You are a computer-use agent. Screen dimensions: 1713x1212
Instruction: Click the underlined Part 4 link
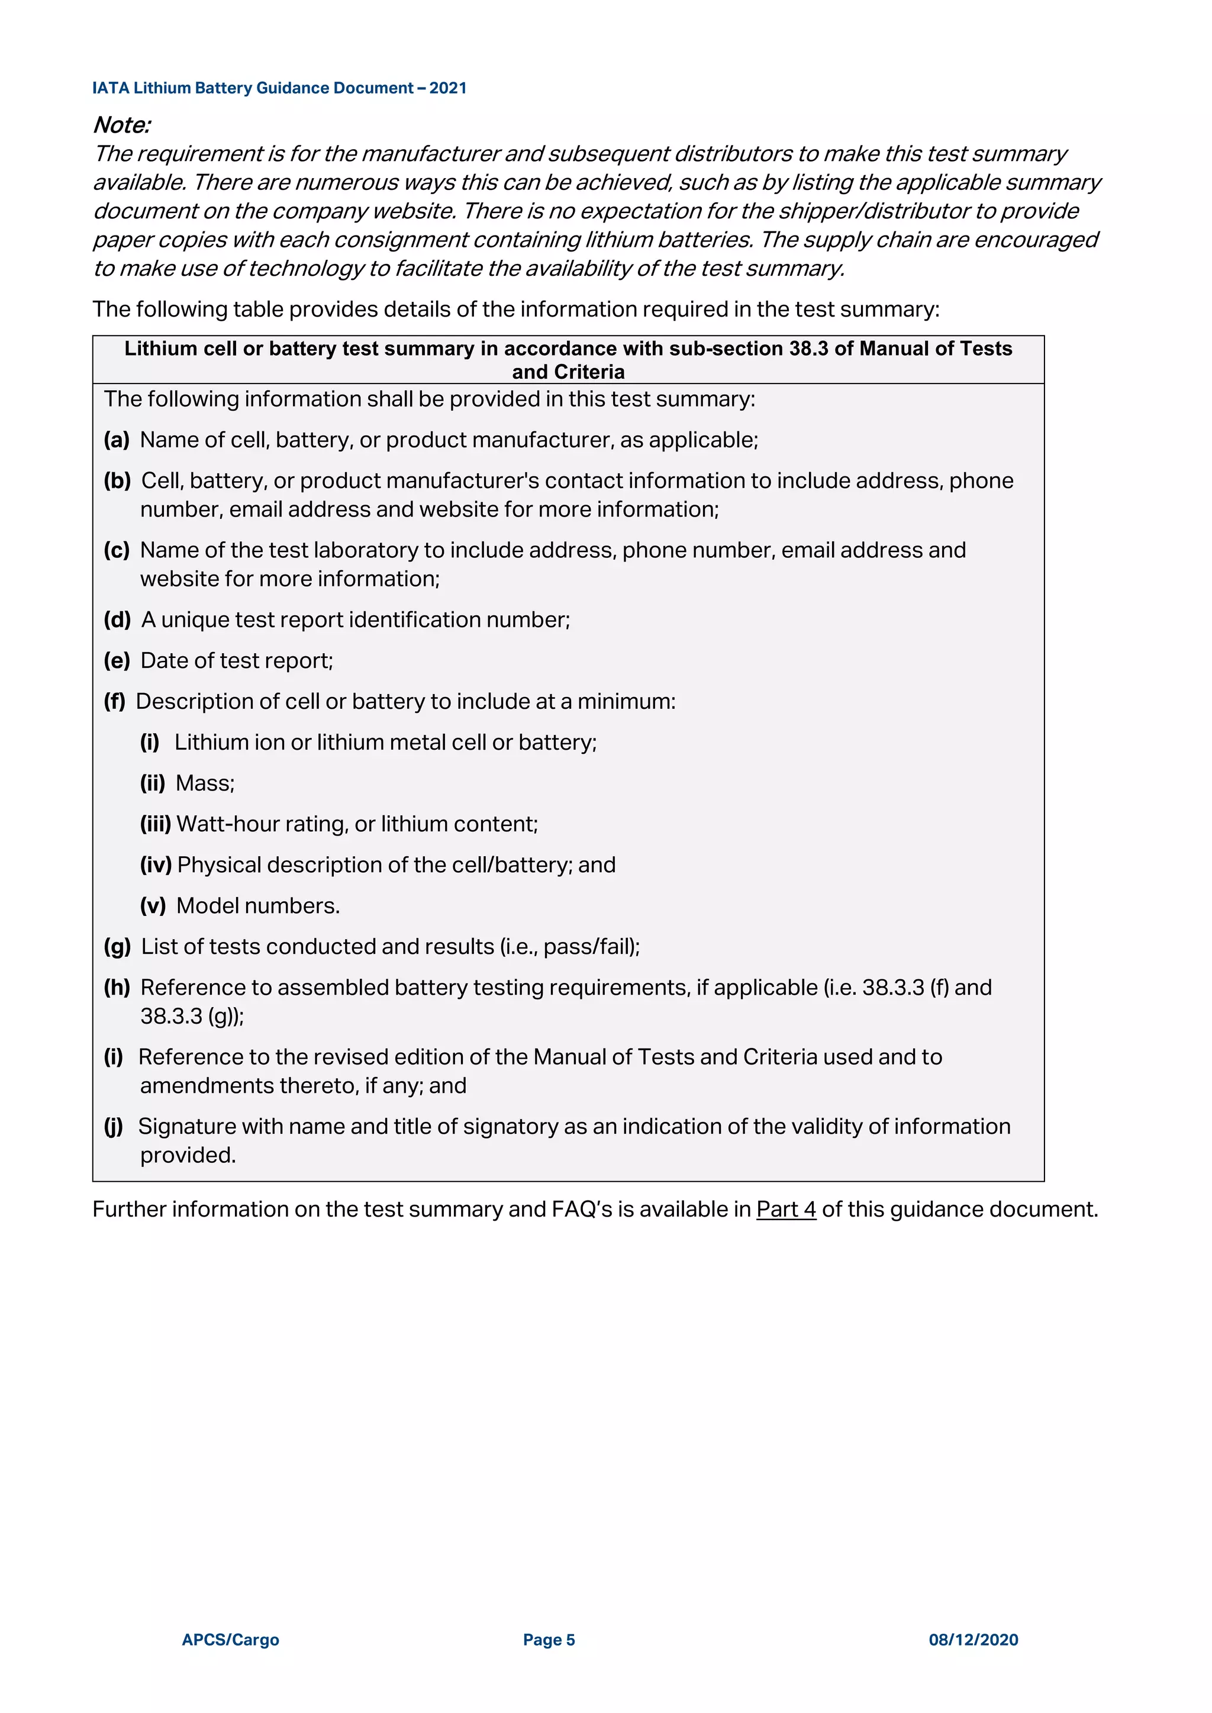point(786,1209)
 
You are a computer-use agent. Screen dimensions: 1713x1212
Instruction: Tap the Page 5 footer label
point(549,1640)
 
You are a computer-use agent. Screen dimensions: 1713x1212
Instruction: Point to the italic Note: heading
point(122,125)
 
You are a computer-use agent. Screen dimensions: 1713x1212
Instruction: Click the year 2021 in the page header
point(448,88)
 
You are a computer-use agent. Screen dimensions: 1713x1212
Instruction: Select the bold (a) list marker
point(117,440)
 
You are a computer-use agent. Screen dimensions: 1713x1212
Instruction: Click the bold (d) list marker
point(117,620)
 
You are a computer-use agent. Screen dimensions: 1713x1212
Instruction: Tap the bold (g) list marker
point(117,947)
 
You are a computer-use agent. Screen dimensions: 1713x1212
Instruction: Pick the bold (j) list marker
point(114,1127)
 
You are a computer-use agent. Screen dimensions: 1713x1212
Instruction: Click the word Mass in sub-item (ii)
point(203,783)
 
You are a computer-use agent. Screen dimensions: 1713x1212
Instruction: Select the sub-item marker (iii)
point(155,824)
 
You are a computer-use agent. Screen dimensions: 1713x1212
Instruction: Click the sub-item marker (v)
point(153,906)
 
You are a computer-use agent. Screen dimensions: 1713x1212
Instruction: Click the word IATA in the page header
point(111,88)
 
